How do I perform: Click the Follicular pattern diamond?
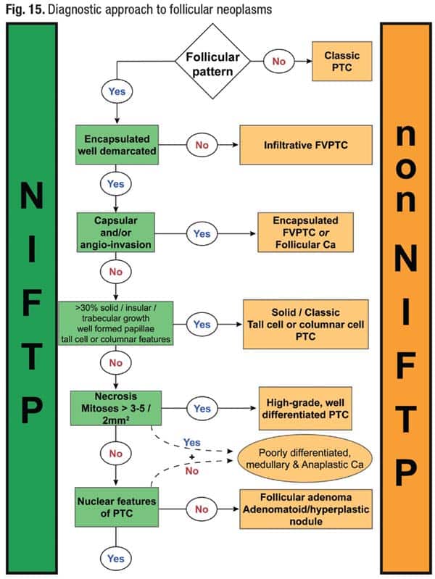pos(213,62)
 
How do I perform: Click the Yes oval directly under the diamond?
pos(115,91)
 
